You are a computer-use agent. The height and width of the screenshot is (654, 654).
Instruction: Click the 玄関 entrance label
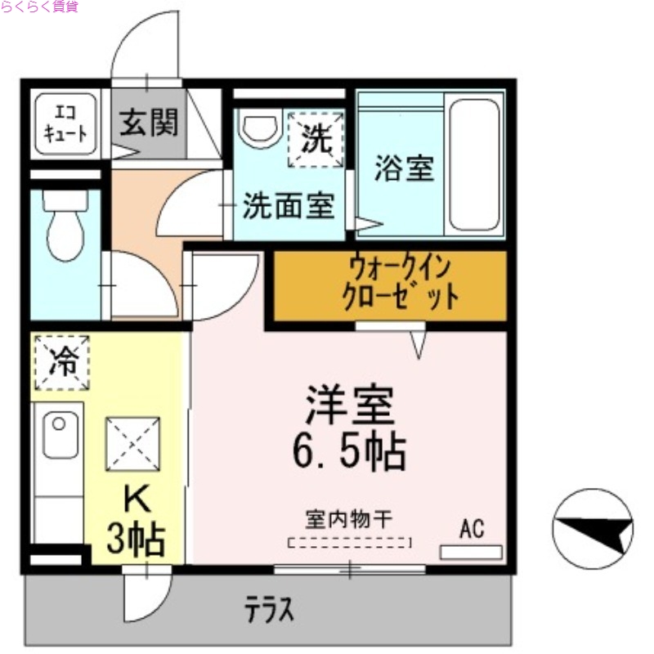tap(149, 124)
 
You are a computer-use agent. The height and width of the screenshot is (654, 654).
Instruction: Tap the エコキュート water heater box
tap(65, 124)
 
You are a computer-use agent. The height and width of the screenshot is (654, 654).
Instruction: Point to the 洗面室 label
tap(288, 206)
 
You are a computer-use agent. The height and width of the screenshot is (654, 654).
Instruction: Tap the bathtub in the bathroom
tap(475, 164)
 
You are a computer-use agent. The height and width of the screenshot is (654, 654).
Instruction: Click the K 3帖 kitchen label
tap(137, 521)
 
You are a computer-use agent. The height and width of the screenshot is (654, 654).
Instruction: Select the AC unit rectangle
tap(471, 552)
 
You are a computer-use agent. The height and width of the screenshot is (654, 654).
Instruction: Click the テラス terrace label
tap(269, 609)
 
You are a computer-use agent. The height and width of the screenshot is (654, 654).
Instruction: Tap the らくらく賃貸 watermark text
tap(39, 8)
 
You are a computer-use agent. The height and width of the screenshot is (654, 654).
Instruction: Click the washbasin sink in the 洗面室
tap(260, 128)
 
